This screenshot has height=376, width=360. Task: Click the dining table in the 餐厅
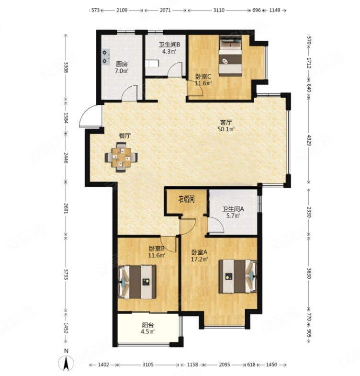coord(121,157)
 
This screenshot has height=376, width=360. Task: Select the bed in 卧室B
coord(137,282)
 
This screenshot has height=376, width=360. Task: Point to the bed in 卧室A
coord(238,276)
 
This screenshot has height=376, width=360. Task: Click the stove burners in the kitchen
coord(105,57)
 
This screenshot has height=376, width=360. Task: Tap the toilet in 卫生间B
coord(152,64)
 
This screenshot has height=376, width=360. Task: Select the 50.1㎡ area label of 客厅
coord(226,129)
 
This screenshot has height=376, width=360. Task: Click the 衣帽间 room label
coord(187,199)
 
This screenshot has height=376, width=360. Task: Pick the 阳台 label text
coord(147,325)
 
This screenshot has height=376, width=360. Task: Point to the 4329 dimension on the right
coord(309,140)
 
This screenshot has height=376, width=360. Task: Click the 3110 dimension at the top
coord(219,10)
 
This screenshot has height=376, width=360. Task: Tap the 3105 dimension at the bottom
coord(148,365)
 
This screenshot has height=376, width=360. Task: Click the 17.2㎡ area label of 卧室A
coord(200,259)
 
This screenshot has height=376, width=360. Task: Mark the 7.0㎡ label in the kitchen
coord(122,71)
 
